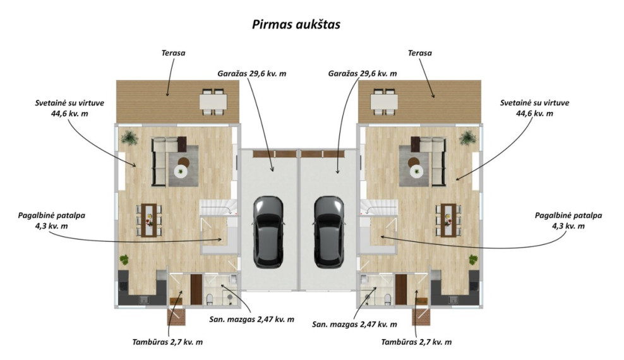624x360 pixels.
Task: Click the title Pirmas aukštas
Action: (x=296, y=24)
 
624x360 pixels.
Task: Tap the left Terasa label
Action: (x=173, y=53)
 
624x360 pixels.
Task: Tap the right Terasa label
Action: (x=420, y=53)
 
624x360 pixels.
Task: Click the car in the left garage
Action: (x=268, y=231)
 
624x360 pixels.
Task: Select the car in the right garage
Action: (x=329, y=231)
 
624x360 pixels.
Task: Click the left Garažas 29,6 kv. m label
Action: (x=251, y=74)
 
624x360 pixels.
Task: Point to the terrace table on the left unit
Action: (x=213, y=102)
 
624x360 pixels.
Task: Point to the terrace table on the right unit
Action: (x=384, y=102)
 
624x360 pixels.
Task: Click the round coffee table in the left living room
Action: (x=181, y=171)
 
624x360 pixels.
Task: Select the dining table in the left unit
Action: (x=149, y=220)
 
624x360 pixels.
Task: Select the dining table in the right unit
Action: (x=448, y=220)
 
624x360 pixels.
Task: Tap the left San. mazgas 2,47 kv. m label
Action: (x=252, y=320)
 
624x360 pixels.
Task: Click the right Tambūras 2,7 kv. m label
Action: (x=416, y=342)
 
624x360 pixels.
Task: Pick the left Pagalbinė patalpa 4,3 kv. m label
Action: (x=51, y=221)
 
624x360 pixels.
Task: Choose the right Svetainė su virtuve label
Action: (x=534, y=108)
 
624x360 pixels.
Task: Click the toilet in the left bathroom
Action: (x=210, y=299)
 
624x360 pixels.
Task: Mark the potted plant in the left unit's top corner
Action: (x=129, y=138)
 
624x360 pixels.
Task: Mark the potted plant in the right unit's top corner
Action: (x=467, y=138)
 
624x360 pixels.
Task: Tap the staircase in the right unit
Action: (x=378, y=207)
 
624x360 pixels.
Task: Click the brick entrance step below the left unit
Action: (x=176, y=316)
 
